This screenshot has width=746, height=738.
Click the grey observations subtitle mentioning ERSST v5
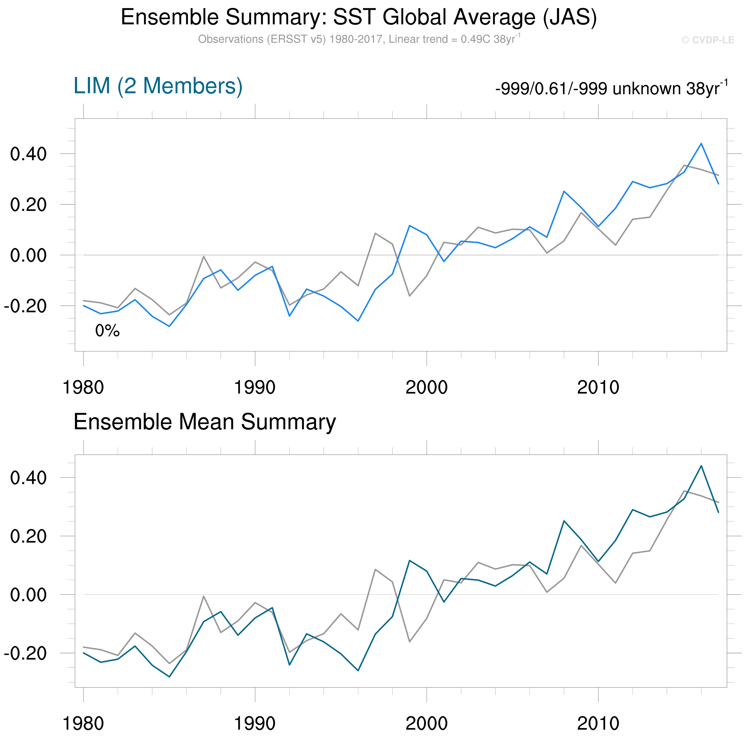pos(359,39)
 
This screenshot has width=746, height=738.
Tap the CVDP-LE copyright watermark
pos(707,40)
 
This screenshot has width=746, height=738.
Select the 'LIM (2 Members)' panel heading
pos(158,86)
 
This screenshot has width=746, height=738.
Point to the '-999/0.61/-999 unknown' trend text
pos(611,89)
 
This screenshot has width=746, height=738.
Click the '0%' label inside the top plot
pos(107,331)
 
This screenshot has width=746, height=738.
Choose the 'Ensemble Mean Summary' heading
pos(205,422)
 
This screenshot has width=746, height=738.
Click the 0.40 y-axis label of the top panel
pos(28,154)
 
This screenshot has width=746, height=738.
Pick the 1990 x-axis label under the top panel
pos(255,387)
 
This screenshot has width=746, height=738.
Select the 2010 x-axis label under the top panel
pos(598,387)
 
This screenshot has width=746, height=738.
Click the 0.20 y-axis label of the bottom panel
pos(28,536)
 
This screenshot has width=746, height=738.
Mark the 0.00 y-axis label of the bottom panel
pos(28,594)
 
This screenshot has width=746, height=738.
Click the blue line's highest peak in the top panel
pos(701,144)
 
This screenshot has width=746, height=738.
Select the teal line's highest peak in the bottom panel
pos(701,466)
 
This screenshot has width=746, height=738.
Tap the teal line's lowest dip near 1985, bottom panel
pos(169,677)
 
